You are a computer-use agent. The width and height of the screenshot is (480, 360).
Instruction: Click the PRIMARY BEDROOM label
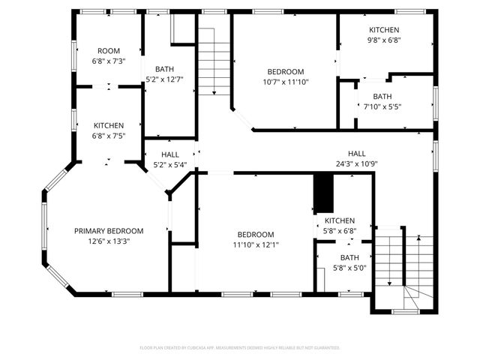[x=109, y=231]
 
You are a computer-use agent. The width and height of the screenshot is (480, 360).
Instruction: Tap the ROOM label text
[x=109, y=51]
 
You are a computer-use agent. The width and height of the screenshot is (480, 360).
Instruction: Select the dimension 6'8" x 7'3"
[x=109, y=61]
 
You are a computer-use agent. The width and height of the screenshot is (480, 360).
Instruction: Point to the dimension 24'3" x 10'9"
[x=356, y=163]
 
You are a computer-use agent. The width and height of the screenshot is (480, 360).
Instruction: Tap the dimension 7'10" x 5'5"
[x=382, y=106]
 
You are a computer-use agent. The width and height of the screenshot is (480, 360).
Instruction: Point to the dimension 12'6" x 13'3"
[x=109, y=241]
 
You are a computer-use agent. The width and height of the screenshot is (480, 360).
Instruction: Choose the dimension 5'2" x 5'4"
[x=170, y=165]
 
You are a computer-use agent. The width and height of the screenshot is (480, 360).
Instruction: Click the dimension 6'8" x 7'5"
[x=109, y=136]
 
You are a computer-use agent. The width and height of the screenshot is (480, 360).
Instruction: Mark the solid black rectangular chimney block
[x=322, y=193]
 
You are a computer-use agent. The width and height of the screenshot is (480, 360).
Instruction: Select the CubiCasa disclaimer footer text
[x=240, y=348]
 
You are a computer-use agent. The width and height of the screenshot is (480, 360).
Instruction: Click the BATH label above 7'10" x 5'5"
[x=382, y=96]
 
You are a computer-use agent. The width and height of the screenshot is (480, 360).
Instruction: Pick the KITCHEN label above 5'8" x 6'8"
[x=339, y=220]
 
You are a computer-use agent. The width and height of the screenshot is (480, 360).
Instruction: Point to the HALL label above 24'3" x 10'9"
[x=356, y=153]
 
